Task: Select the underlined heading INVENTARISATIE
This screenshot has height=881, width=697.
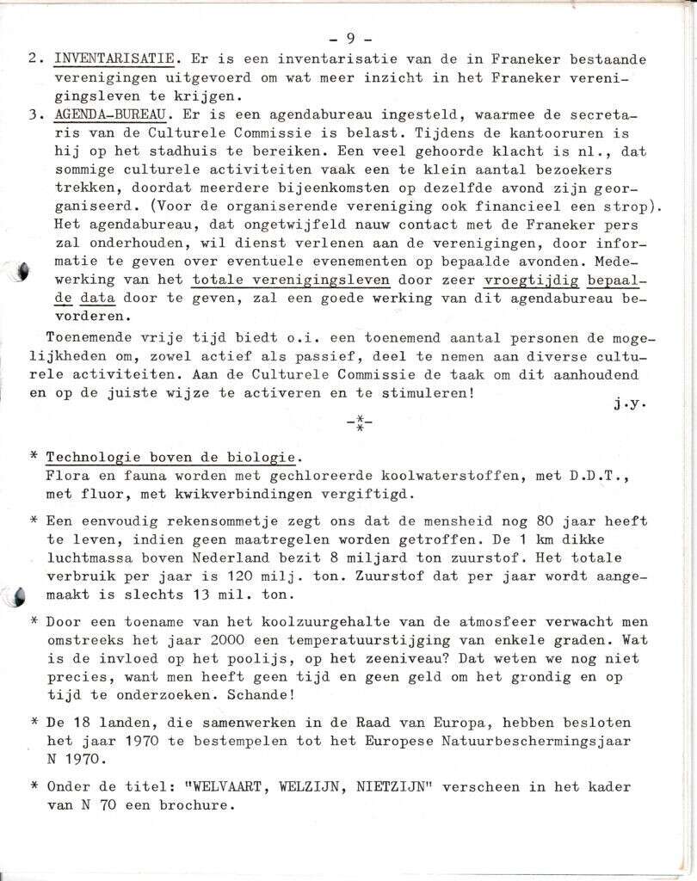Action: tap(115, 59)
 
